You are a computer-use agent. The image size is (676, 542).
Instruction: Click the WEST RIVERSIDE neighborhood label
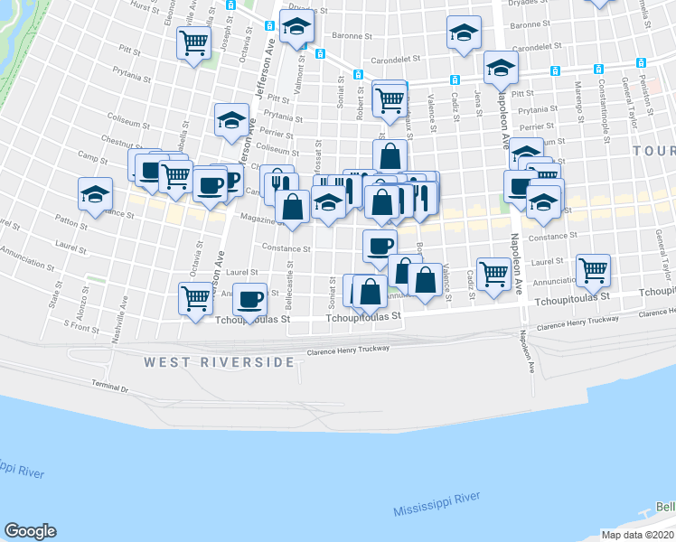click(x=219, y=362)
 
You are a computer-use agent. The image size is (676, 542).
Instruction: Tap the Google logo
click(x=30, y=531)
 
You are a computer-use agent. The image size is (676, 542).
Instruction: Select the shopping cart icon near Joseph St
click(x=194, y=42)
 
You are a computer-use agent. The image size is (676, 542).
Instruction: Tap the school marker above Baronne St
click(x=464, y=33)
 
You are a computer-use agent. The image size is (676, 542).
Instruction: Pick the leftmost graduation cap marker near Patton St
click(x=96, y=194)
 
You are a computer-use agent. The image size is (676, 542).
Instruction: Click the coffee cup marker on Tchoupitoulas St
click(x=250, y=297)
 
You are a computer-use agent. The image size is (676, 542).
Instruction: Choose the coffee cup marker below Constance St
click(x=380, y=244)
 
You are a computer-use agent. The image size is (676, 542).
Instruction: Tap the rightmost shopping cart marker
click(x=593, y=268)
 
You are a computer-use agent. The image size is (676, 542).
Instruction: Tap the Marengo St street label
click(x=576, y=102)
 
